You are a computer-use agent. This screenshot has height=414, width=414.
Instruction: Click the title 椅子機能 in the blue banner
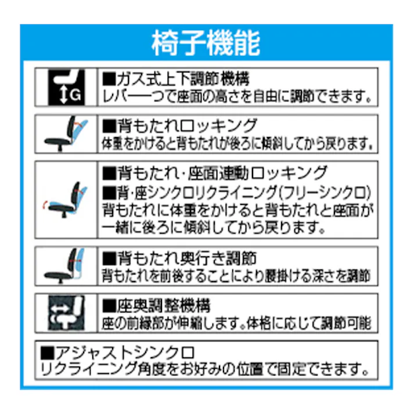pos(206,43)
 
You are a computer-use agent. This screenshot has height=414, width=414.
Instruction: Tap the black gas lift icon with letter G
pos(66,87)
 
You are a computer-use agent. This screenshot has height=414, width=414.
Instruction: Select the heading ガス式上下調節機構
pos(176,79)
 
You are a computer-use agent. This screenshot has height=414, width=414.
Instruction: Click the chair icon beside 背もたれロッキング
pos(66,134)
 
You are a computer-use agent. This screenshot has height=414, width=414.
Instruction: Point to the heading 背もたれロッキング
pos(179,125)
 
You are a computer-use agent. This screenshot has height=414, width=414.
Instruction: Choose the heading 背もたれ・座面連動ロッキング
pos(215,173)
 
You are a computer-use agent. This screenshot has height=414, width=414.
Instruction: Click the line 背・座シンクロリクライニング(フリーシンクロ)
pos(236,192)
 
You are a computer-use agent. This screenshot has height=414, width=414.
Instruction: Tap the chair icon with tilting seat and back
pos(65,200)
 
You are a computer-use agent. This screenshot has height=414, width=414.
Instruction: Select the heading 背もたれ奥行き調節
pos(179,258)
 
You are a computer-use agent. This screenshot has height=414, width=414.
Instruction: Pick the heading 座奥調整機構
pos(156,305)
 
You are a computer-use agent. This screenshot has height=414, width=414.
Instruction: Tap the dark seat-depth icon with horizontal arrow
pos(66,313)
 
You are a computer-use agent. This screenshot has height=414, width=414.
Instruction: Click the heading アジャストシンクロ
pos(117,352)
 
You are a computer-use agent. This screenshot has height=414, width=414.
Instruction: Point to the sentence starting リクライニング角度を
pos(204,369)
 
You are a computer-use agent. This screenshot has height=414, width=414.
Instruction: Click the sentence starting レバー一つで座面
pos(237,96)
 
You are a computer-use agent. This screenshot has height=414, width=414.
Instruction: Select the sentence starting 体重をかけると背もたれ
pos(237,143)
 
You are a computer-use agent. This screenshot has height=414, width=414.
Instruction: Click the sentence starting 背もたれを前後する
pos(236,276)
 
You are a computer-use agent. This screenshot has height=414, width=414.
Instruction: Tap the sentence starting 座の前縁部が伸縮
pos(236,323)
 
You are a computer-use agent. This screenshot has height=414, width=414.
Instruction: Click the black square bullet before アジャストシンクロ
pos(47,353)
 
